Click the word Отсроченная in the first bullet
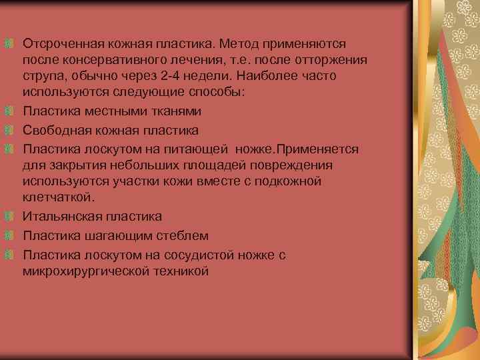pyautogui.click(x=60, y=43)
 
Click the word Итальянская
pyautogui.click(x=60, y=217)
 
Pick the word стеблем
pyautogui.click(x=182, y=235)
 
